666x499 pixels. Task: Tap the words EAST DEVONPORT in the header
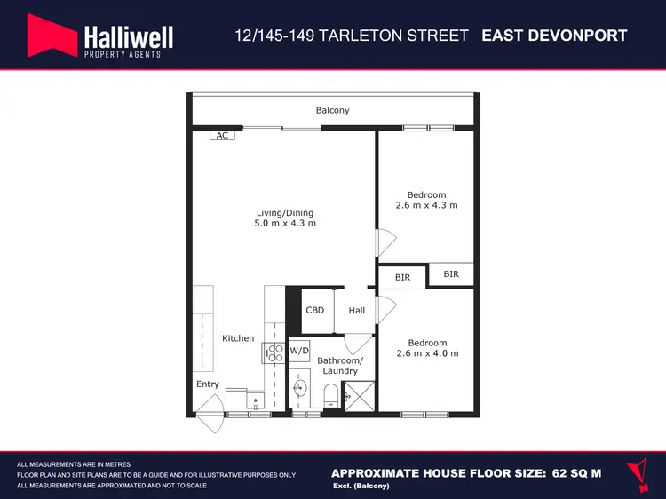coord(554,36)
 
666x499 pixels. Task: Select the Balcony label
coord(333,111)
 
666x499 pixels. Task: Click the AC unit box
coord(222,135)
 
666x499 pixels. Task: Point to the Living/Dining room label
coord(284,213)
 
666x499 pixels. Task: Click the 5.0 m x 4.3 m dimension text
coord(284,224)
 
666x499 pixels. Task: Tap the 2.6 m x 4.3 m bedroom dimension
coord(426,206)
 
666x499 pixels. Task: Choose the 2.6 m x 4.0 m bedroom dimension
coord(427,353)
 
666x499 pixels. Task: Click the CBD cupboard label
coord(314,311)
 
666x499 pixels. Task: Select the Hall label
coord(356,311)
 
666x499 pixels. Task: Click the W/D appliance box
coord(299,350)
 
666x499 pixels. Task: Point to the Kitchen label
coord(238,338)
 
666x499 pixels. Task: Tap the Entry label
coord(208,384)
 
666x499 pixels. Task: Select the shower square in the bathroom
coord(359,396)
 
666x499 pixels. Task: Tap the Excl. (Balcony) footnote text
coord(361,487)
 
